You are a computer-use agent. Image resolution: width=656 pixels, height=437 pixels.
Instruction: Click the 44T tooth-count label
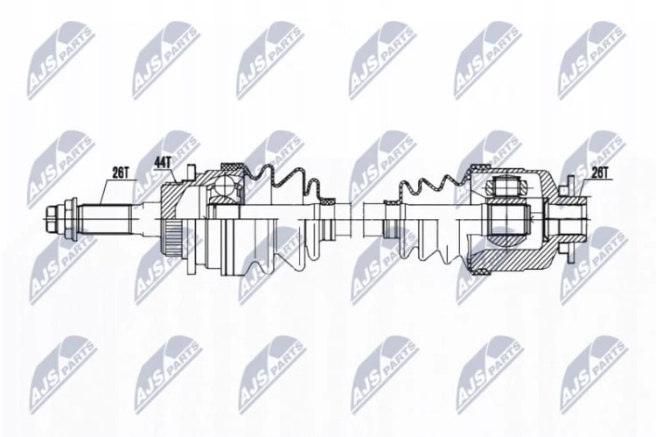coord(163,162)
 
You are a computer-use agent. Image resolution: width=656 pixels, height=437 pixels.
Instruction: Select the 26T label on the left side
coord(121,173)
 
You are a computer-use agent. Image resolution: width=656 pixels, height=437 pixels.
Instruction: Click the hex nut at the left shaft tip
coord(51,218)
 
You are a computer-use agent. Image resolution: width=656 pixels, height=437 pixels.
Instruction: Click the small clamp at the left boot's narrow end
coord(327,201)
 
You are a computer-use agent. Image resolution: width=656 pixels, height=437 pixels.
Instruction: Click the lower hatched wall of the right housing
coord(515,257)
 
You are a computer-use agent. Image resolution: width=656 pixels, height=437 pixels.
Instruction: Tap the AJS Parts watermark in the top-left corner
coord(61,60)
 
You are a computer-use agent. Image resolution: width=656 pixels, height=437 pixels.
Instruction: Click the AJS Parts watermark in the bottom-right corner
coord(595,374)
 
